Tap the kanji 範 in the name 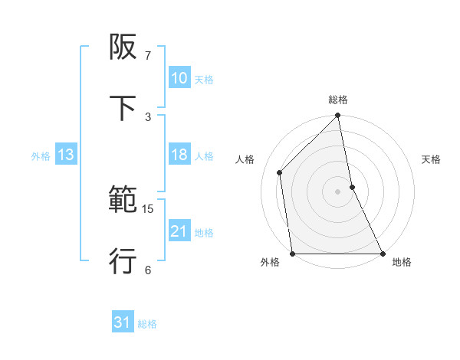point(123,201)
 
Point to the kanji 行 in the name point(123,261)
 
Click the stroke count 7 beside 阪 point(147,56)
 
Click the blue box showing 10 point(179,78)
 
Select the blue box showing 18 point(179,155)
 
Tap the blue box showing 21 point(179,231)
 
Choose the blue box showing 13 point(66,155)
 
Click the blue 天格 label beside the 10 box point(204,79)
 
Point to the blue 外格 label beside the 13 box point(41,155)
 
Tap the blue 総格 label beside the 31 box point(147,324)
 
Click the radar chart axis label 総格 point(338,100)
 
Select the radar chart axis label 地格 point(402,262)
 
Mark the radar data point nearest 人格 point(280,172)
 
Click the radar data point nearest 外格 point(293,254)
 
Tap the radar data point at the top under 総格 point(338,116)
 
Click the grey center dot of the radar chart point(338,191)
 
